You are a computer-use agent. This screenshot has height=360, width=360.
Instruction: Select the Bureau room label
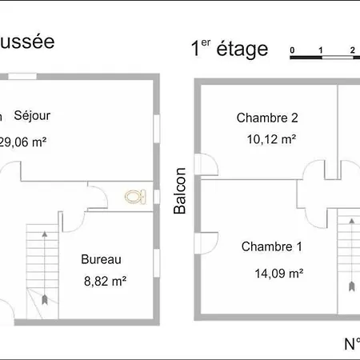tap(101, 259)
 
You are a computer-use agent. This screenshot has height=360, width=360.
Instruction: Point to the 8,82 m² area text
tap(104, 281)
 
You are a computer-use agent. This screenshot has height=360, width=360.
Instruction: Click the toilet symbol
tap(134, 195)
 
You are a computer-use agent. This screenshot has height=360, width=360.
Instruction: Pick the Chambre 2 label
tap(267, 118)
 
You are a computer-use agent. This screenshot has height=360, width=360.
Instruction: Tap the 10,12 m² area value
tap(271, 138)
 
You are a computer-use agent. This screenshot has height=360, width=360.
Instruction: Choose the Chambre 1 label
tap(271, 246)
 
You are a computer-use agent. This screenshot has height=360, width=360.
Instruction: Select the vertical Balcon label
tap(180, 190)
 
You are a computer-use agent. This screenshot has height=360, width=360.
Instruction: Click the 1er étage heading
tap(228, 49)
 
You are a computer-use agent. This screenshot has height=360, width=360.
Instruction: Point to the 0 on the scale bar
tap(293, 50)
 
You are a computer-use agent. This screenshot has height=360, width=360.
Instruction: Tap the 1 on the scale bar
tap(321, 50)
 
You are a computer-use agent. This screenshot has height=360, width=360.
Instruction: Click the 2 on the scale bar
tap(351, 50)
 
